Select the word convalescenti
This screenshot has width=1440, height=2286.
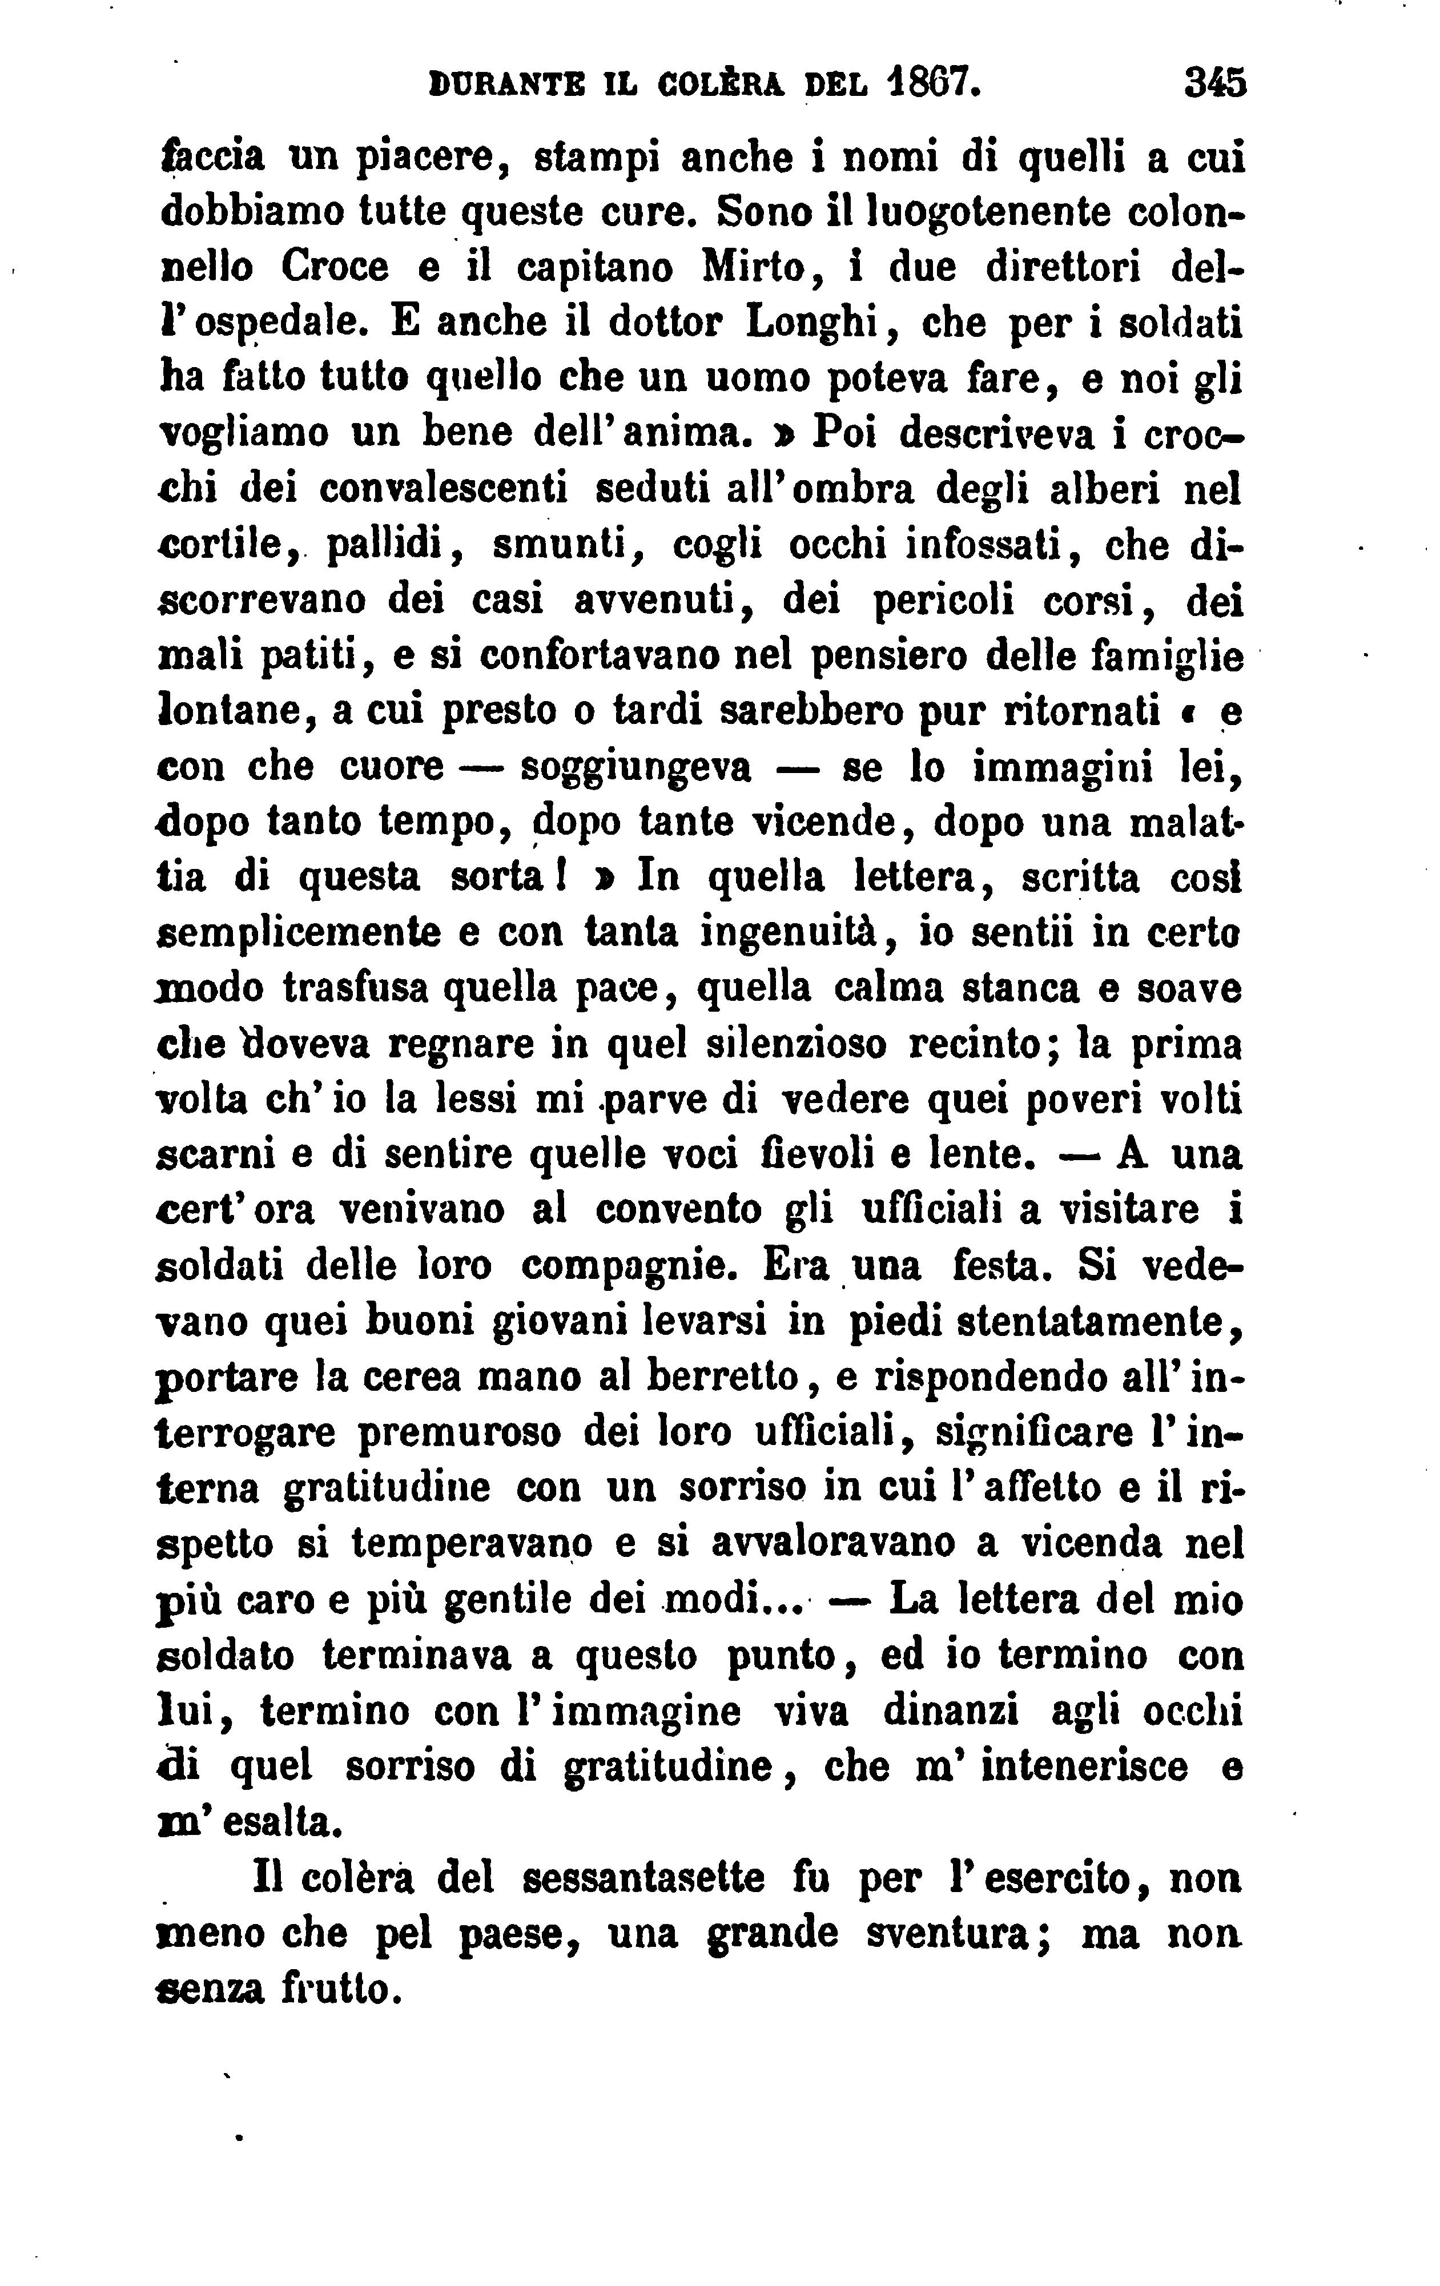[x=443, y=489]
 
